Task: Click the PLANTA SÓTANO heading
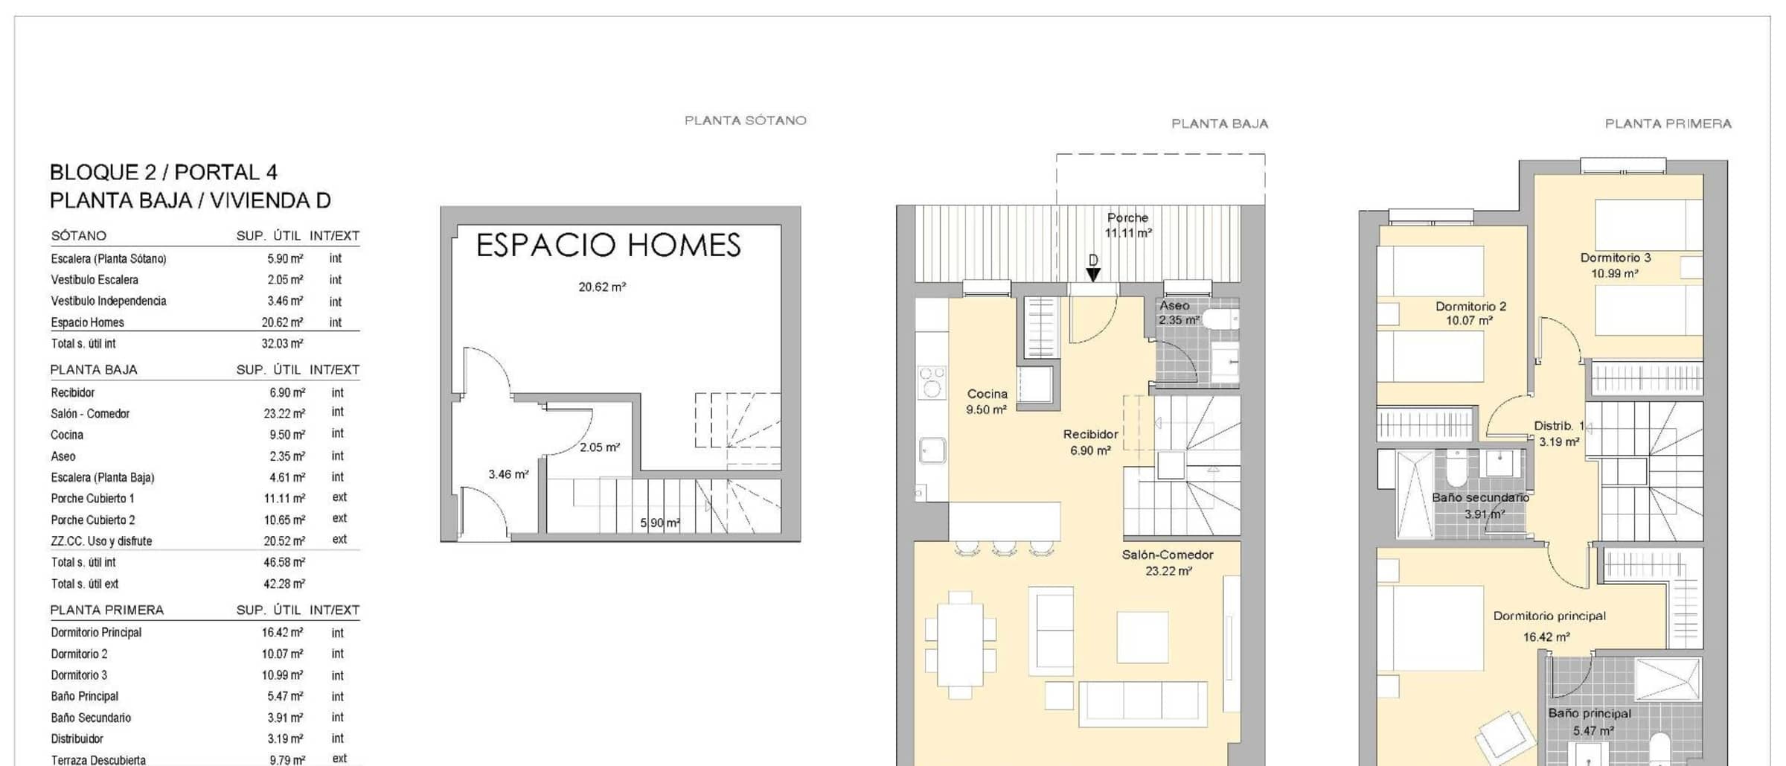pos(745,121)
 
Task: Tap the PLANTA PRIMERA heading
pos(1668,124)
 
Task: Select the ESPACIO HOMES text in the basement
pos(609,245)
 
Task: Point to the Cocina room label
pos(987,394)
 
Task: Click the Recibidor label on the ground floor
pos(1090,434)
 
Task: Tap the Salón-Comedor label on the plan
pos(1168,555)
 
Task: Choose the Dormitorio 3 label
pos(1616,258)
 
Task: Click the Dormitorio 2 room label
pos(1470,306)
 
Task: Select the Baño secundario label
pos(1480,497)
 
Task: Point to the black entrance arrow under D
pos(1092,275)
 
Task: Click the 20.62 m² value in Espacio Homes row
pos(282,322)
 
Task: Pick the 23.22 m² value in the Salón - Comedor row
pos(284,413)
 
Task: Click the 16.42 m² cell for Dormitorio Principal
pos(282,632)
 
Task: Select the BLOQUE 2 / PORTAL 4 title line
pos(163,173)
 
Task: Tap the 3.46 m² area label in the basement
pos(508,474)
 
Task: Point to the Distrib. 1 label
pos(1559,426)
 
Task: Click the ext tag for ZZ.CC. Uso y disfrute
pos(339,539)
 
